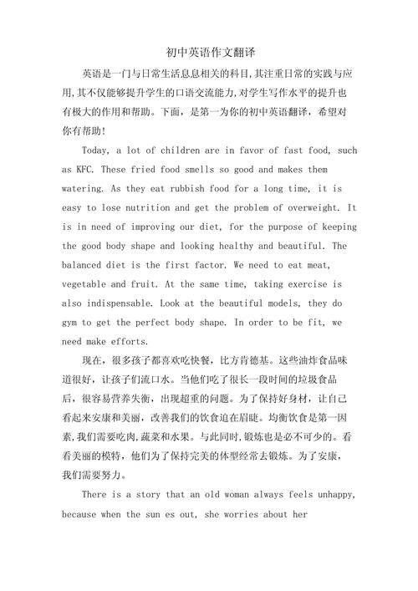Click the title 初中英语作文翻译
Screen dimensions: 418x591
pos(210,53)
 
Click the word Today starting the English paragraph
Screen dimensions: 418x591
pos(98,150)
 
